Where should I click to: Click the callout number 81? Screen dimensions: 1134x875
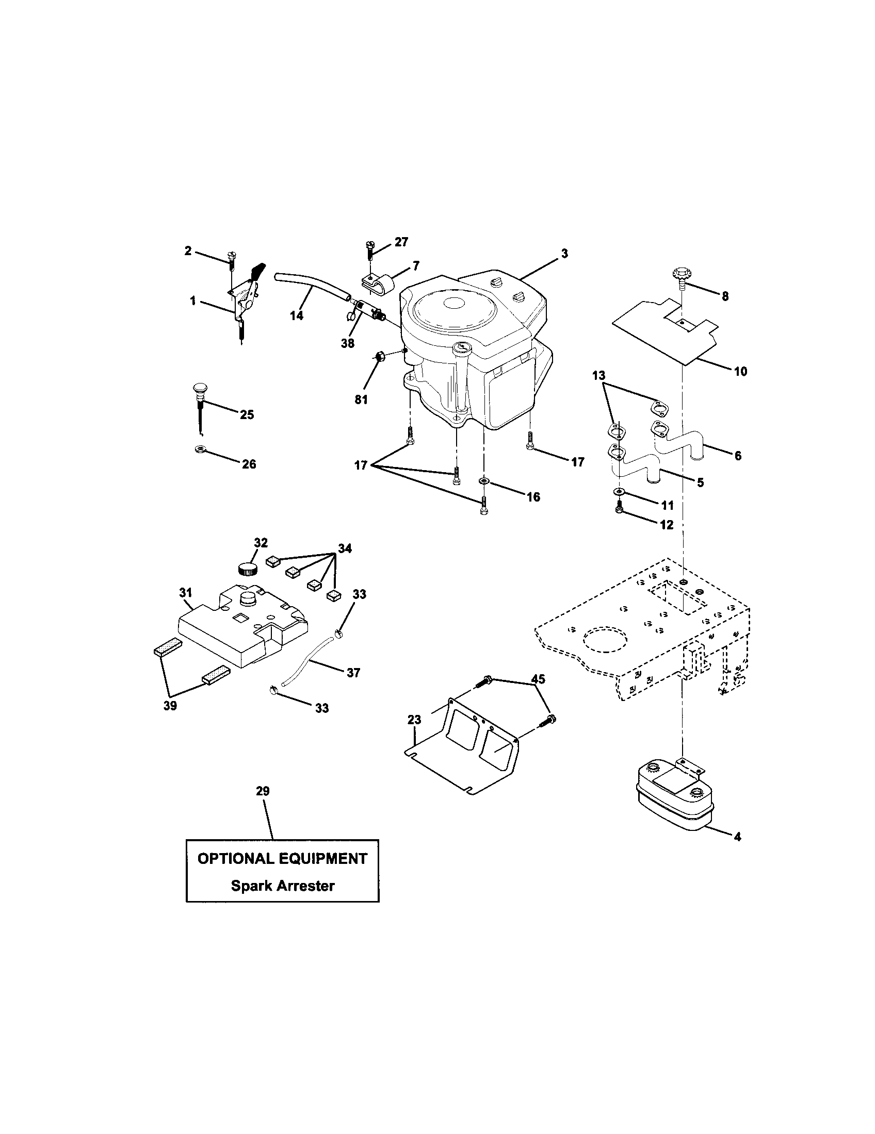click(x=361, y=399)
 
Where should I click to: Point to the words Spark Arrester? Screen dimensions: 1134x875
click(x=283, y=885)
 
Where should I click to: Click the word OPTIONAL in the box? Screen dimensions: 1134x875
click(x=235, y=858)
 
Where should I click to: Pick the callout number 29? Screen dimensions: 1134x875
click(x=263, y=791)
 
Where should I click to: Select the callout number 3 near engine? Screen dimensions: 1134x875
click(x=564, y=254)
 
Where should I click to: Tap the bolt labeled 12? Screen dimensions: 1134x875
click(x=619, y=509)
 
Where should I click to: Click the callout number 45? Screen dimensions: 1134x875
click(x=538, y=679)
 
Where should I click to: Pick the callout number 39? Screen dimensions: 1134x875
click(x=170, y=706)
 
